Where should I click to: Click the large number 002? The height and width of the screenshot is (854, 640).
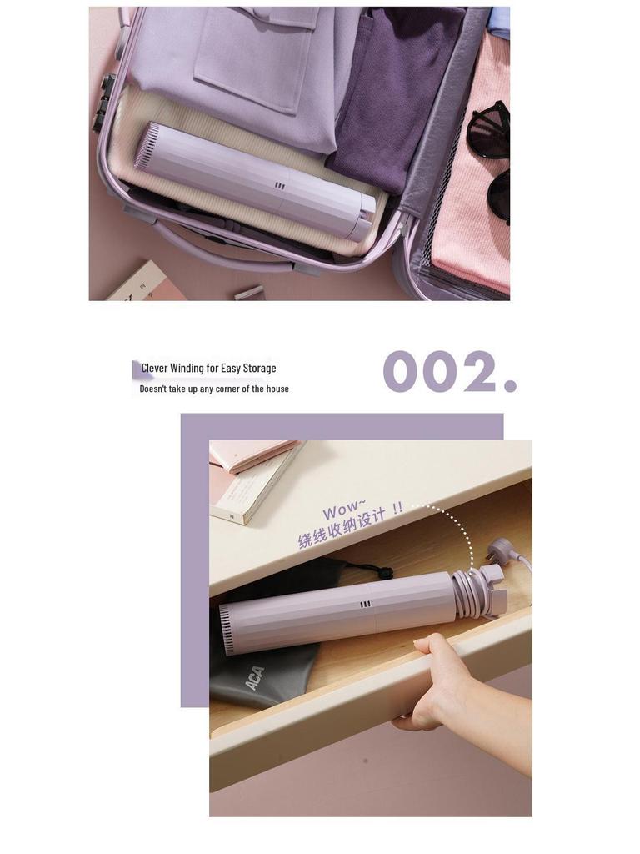tap(449, 372)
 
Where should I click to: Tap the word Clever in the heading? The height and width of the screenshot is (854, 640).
tap(154, 368)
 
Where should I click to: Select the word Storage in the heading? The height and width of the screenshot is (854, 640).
tap(259, 368)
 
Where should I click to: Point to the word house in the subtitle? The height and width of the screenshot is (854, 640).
tap(277, 389)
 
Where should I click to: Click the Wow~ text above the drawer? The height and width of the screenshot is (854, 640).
tap(344, 510)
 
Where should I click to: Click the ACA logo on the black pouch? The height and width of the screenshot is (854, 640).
tap(255, 677)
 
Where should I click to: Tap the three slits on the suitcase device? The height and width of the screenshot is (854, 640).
tap(279, 187)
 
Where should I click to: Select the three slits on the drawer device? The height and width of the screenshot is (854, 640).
tap(365, 605)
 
